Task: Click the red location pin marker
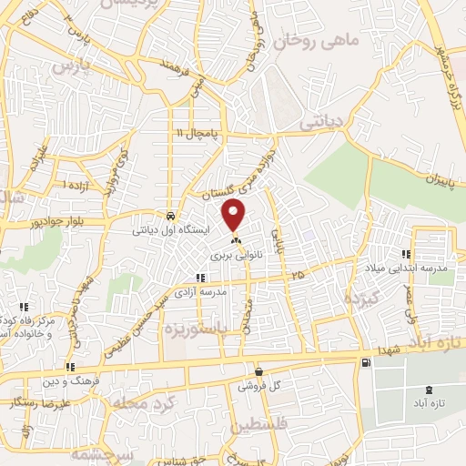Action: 235,216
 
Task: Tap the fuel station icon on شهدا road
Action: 365,363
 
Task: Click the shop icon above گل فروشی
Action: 260,371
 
